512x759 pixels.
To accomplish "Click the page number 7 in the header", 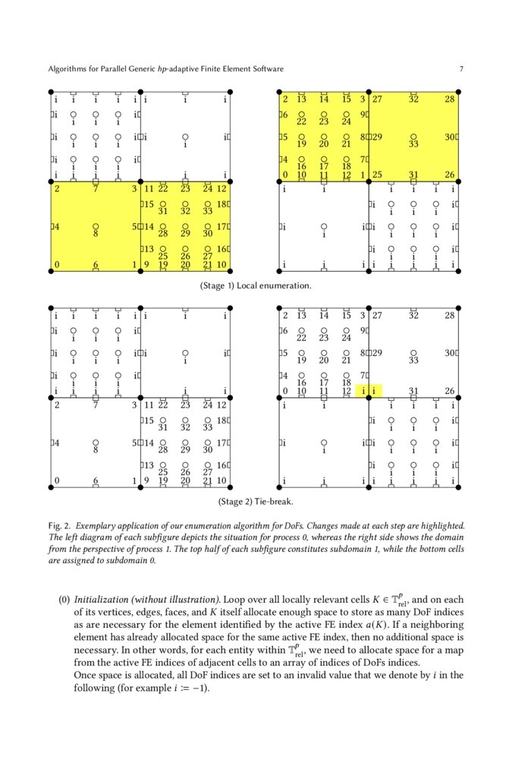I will [x=461, y=69].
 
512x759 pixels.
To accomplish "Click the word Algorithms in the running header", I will [x=69, y=69].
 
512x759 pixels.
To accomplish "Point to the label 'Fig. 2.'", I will [x=59, y=525].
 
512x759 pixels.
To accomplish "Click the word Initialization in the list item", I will [x=104, y=598].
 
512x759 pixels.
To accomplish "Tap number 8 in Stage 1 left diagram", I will [x=96, y=235].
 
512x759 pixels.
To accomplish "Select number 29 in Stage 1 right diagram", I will [x=377, y=137].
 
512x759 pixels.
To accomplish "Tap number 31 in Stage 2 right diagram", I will [x=413, y=392].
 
